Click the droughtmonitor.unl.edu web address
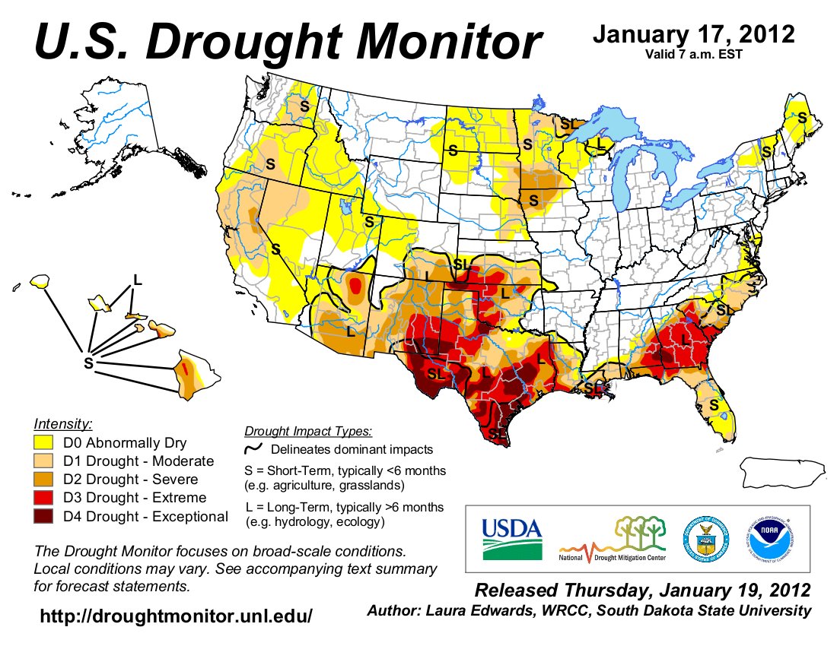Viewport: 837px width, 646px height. (x=176, y=616)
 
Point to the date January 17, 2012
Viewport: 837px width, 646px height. (x=693, y=34)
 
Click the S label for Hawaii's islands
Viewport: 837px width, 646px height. (x=88, y=363)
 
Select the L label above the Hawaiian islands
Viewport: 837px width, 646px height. (x=137, y=279)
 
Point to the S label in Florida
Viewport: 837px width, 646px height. (x=714, y=406)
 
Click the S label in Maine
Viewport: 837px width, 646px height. (x=800, y=118)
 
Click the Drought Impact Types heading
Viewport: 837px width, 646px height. (x=308, y=432)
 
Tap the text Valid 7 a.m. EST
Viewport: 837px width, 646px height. (x=693, y=53)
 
